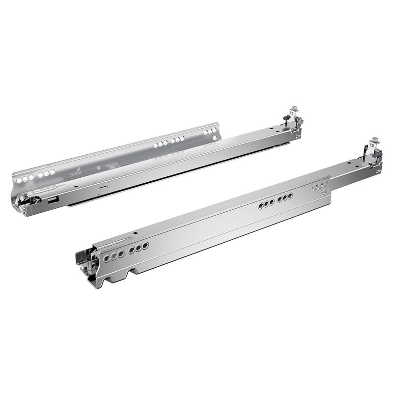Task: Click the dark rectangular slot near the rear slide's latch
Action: (x=53, y=200)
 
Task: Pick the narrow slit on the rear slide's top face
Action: (x=102, y=187)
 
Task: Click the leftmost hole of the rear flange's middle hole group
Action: (x=157, y=146)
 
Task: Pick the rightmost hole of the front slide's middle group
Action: (x=290, y=196)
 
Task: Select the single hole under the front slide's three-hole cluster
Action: (x=323, y=193)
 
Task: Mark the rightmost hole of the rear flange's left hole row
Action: (x=53, y=171)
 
